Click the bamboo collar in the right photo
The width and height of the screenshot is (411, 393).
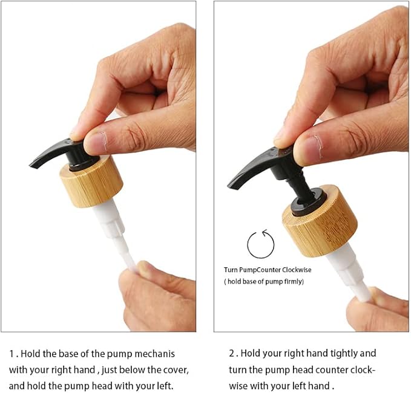point(320,222)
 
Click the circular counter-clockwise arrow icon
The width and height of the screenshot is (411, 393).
point(260,244)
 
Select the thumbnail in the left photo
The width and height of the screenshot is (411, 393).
point(96,143)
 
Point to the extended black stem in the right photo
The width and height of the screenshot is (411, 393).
point(301,188)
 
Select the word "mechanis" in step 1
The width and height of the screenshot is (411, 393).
point(154,354)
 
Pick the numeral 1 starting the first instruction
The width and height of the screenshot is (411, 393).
point(12,354)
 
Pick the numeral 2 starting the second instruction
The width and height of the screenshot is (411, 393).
point(232,354)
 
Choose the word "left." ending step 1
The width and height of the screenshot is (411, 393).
point(165,386)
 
